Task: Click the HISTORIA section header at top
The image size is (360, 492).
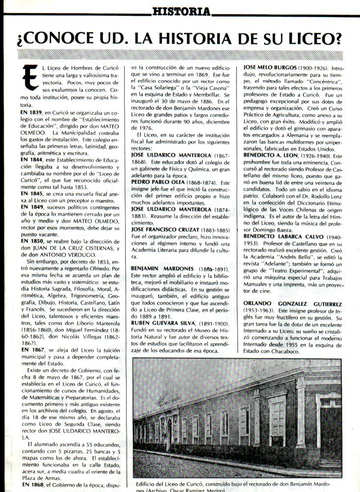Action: tap(181, 10)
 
